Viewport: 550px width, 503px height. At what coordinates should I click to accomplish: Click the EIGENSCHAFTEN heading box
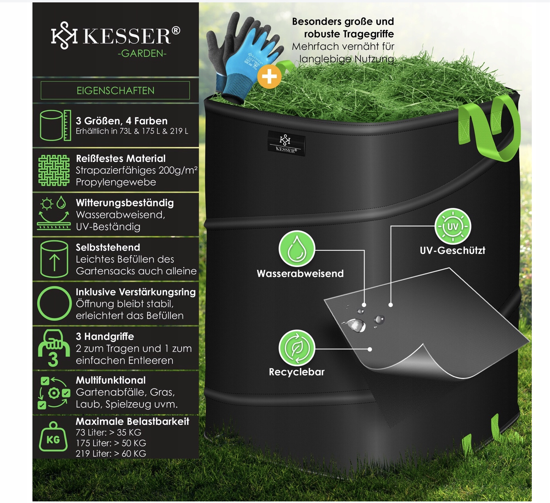[x=115, y=91]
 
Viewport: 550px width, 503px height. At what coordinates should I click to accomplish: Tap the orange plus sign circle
[x=269, y=76]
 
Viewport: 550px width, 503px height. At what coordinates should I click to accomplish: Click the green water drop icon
[x=297, y=249]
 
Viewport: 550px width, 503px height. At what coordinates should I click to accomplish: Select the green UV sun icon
[x=453, y=226]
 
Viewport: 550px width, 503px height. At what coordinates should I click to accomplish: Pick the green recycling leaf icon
[x=297, y=347]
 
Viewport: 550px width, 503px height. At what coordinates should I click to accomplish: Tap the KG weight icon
[x=53, y=437]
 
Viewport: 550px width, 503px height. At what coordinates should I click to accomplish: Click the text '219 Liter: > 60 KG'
[x=111, y=454]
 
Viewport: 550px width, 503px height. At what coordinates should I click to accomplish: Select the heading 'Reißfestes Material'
[x=121, y=159]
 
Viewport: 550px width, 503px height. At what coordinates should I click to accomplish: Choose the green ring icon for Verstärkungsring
[x=54, y=303]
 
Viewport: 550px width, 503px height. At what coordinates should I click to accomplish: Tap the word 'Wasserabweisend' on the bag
[x=300, y=274]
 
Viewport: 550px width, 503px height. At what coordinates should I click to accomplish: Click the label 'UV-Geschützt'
[x=452, y=250]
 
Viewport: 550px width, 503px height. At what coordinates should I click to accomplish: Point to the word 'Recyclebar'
[x=296, y=372]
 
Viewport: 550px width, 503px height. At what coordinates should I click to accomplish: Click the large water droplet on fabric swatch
[x=357, y=325]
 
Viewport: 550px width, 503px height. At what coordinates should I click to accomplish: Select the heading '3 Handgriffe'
[x=105, y=337]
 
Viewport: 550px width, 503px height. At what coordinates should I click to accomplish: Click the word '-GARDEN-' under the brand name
[x=142, y=53]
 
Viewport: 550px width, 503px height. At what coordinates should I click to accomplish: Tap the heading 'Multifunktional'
[x=111, y=380]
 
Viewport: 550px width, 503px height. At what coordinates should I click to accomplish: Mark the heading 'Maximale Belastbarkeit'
[x=132, y=422]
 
